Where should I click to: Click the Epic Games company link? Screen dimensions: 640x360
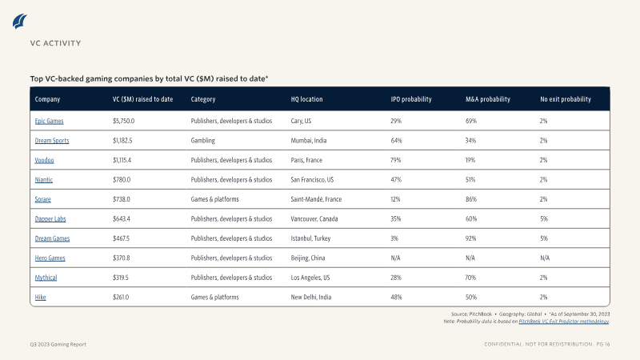(x=49, y=121)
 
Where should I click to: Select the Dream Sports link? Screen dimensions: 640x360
(x=52, y=141)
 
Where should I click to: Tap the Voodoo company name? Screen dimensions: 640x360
(x=44, y=160)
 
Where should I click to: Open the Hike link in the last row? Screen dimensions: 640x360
(x=41, y=297)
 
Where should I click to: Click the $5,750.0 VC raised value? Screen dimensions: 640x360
(x=124, y=121)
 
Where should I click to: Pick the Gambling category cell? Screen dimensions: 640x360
(x=203, y=141)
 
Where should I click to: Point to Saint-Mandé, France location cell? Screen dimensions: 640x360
(x=316, y=199)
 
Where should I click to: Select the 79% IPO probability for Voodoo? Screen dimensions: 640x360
(x=395, y=160)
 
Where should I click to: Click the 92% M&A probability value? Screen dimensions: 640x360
(x=470, y=238)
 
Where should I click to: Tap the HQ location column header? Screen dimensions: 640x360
(x=306, y=99)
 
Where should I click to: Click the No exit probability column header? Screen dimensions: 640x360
(x=566, y=99)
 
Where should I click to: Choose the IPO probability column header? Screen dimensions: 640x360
(x=411, y=99)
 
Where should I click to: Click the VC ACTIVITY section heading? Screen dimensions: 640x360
(x=55, y=43)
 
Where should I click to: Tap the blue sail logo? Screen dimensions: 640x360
(x=19, y=22)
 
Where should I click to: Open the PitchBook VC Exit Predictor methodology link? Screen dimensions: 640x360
(x=564, y=322)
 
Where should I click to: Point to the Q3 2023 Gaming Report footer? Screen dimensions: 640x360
(x=58, y=345)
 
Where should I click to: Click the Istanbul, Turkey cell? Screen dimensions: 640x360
(x=310, y=238)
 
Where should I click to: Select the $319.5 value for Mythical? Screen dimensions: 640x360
(x=121, y=278)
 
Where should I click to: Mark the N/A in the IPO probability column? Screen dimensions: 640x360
(x=395, y=258)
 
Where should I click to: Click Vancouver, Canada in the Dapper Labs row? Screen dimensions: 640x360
(x=314, y=218)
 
